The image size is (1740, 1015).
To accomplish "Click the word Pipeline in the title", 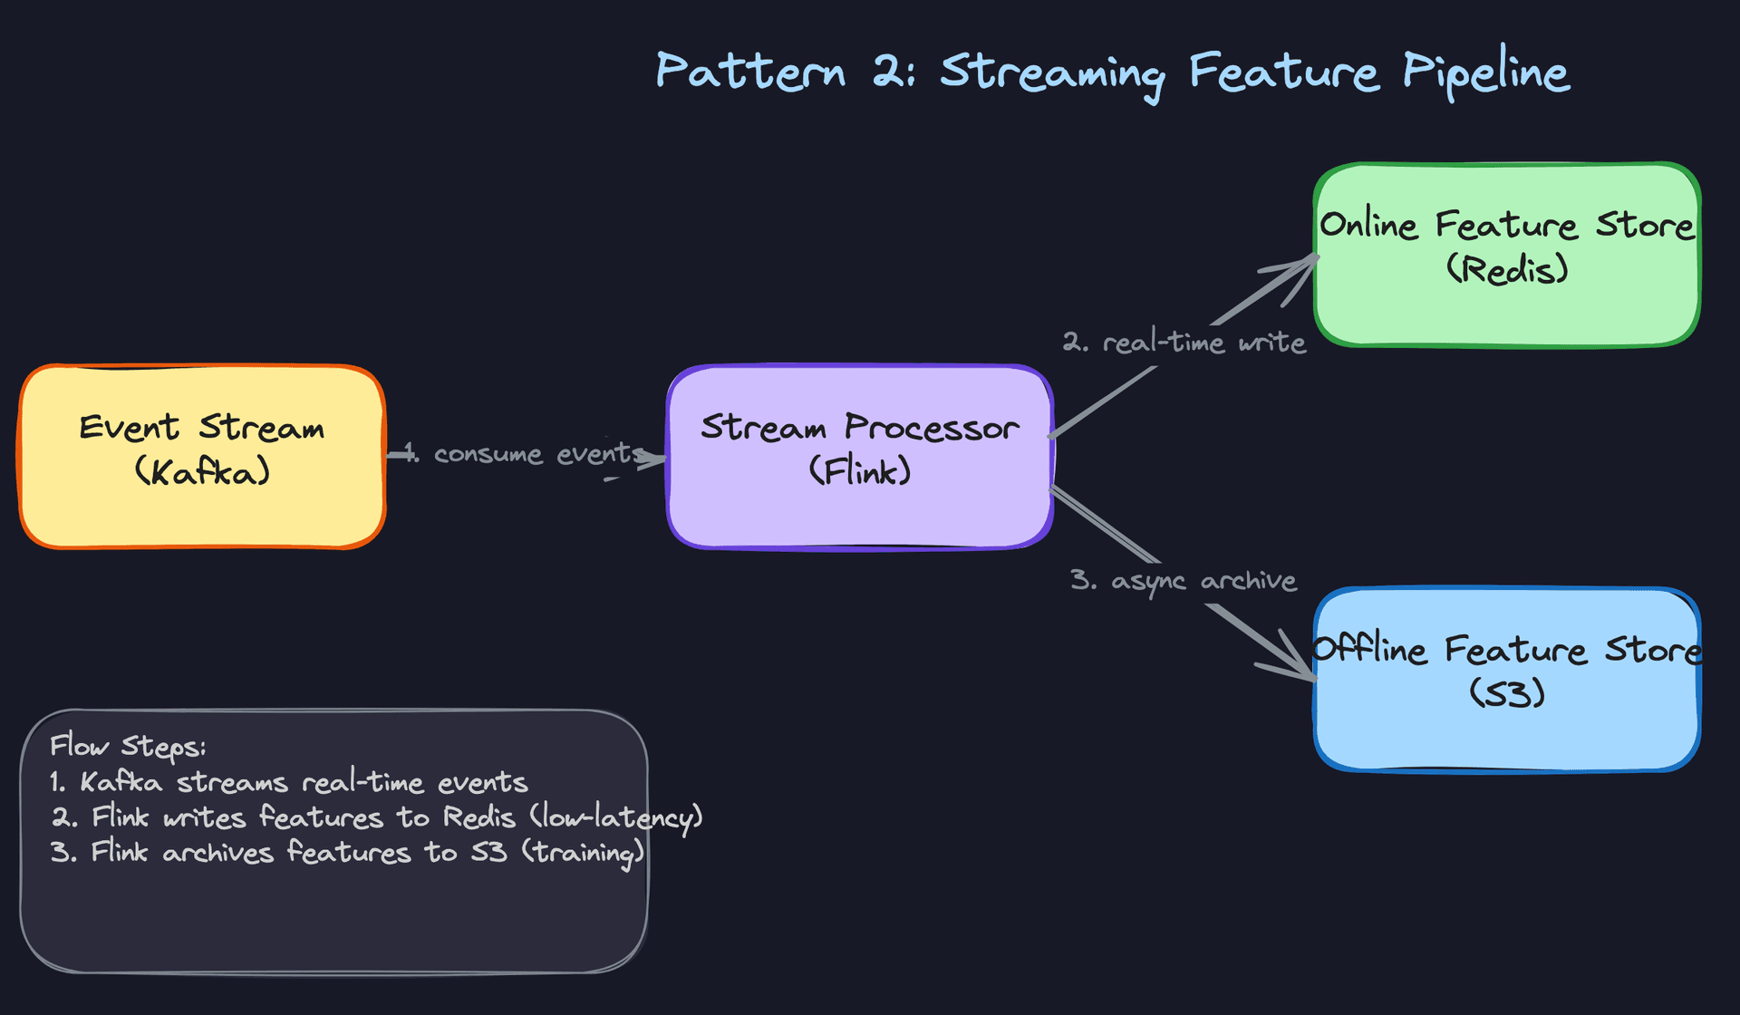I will [1485, 72].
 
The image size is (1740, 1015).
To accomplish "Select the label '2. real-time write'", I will [1184, 343].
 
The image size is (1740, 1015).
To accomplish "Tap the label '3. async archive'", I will [1183, 581].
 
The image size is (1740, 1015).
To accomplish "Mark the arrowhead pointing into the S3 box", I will [1301, 667].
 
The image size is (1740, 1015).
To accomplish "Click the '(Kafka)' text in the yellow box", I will [202, 472].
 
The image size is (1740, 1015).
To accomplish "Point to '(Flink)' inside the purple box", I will [859, 471].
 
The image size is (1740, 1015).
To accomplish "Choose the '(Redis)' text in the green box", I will [1506, 269].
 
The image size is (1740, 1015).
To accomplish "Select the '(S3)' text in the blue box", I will [1506, 693].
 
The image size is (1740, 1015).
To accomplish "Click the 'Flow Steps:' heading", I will [128, 747].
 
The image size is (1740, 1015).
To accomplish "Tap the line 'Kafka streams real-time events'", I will [303, 782].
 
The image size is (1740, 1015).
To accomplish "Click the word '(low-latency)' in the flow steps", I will [616, 818].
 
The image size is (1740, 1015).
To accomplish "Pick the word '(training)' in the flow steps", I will [583, 853].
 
